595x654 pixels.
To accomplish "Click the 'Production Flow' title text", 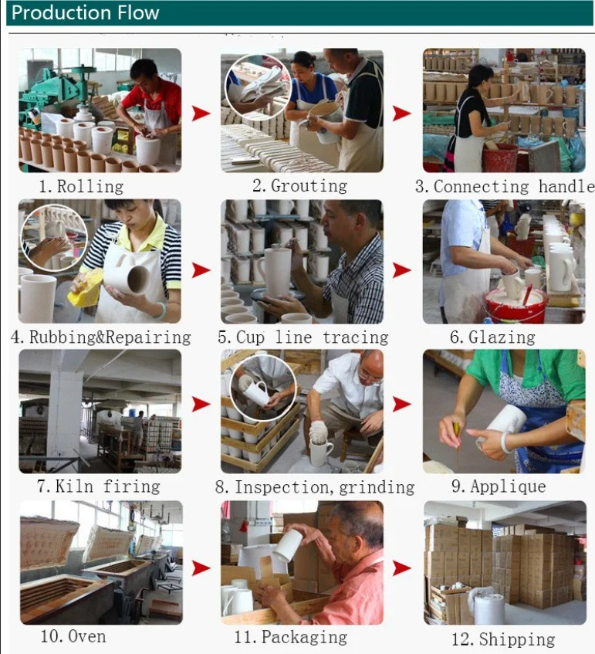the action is [x=86, y=12].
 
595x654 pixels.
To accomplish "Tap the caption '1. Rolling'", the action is [x=81, y=186].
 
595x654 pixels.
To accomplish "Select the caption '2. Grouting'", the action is [x=299, y=185].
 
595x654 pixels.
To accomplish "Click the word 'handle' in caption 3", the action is [x=566, y=186].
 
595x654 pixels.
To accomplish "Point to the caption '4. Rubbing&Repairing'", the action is [x=101, y=337].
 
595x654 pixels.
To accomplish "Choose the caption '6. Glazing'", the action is [x=492, y=337].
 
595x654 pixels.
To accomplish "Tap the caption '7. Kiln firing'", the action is [x=99, y=486].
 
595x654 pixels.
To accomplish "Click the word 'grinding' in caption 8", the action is [x=377, y=487].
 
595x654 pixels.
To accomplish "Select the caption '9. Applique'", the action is [x=499, y=486].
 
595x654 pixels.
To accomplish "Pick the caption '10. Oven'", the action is [x=73, y=636].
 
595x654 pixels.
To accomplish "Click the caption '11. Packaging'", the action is [x=291, y=637].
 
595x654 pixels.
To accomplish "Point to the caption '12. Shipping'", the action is [x=503, y=639].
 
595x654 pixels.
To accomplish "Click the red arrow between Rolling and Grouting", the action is [x=201, y=113].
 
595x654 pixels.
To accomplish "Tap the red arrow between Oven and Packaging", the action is [x=201, y=568].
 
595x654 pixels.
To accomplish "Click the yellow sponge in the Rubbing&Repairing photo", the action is [x=86, y=288].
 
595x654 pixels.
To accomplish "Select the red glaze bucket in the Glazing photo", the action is [x=516, y=306].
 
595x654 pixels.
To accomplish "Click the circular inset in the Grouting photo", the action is [x=258, y=86].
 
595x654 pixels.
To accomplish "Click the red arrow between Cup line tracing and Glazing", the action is [x=401, y=269].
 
